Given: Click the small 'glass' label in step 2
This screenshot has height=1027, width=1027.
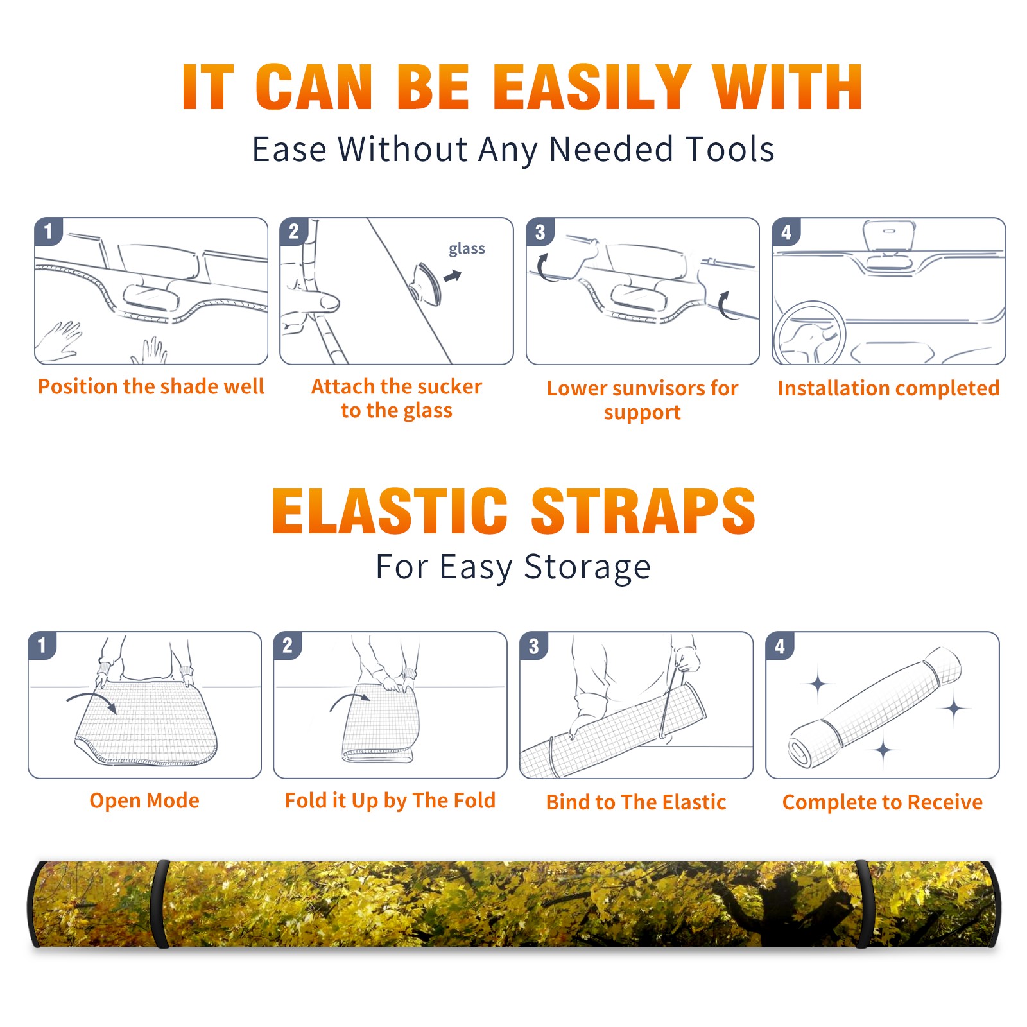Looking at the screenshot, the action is point(467,249).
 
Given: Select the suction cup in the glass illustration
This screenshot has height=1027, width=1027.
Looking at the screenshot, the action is point(427,283).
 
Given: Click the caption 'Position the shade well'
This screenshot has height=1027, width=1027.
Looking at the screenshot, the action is point(151,386).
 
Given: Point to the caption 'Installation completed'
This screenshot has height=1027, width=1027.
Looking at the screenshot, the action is point(888,388).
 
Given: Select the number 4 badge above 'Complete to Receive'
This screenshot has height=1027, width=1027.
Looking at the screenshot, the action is point(780,646).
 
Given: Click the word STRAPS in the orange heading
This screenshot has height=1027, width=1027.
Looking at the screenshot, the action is point(643,511).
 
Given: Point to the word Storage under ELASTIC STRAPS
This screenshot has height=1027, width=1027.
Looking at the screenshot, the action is point(587,567).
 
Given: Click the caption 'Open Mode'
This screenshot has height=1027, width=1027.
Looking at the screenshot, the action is point(144,800).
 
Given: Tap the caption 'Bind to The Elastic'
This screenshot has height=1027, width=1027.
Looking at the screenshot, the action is point(636,802).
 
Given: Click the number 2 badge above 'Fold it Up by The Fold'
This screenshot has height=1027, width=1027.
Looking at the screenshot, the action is point(288,646).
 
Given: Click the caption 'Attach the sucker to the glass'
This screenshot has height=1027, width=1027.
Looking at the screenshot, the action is point(397,398).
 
